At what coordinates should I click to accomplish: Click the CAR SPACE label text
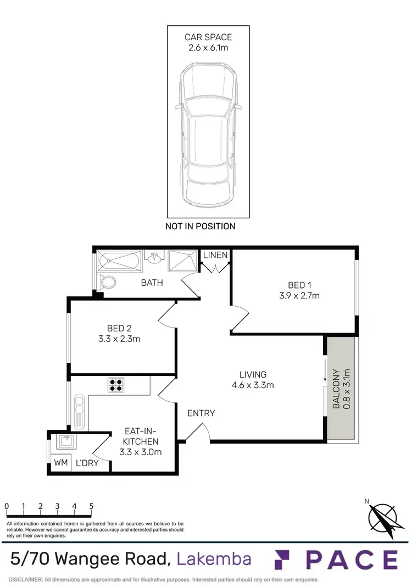pyautogui.click(x=208, y=37)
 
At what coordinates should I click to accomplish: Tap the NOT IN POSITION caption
pyautogui.click(x=200, y=226)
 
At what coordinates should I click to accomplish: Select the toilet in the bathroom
pyautogui.click(x=108, y=282)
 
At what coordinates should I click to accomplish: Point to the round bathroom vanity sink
pyautogui.click(x=154, y=257)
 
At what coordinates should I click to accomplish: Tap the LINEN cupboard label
pyautogui.click(x=215, y=256)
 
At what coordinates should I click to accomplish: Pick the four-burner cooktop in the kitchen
pyautogui.click(x=115, y=384)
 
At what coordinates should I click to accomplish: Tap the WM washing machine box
pyautogui.click(x=61, y=463)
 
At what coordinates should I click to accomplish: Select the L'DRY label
pyautogui.click(x=87, y=463)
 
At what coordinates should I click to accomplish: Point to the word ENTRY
pyautogui.click(x=201, y=413)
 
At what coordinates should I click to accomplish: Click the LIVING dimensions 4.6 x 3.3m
pyautogui.click(x=253, y=385)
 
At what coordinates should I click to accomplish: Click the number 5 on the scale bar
pyautogui.click(x=91, y=506)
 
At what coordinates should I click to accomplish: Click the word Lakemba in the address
pyautogui.click(x=215, y=560)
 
